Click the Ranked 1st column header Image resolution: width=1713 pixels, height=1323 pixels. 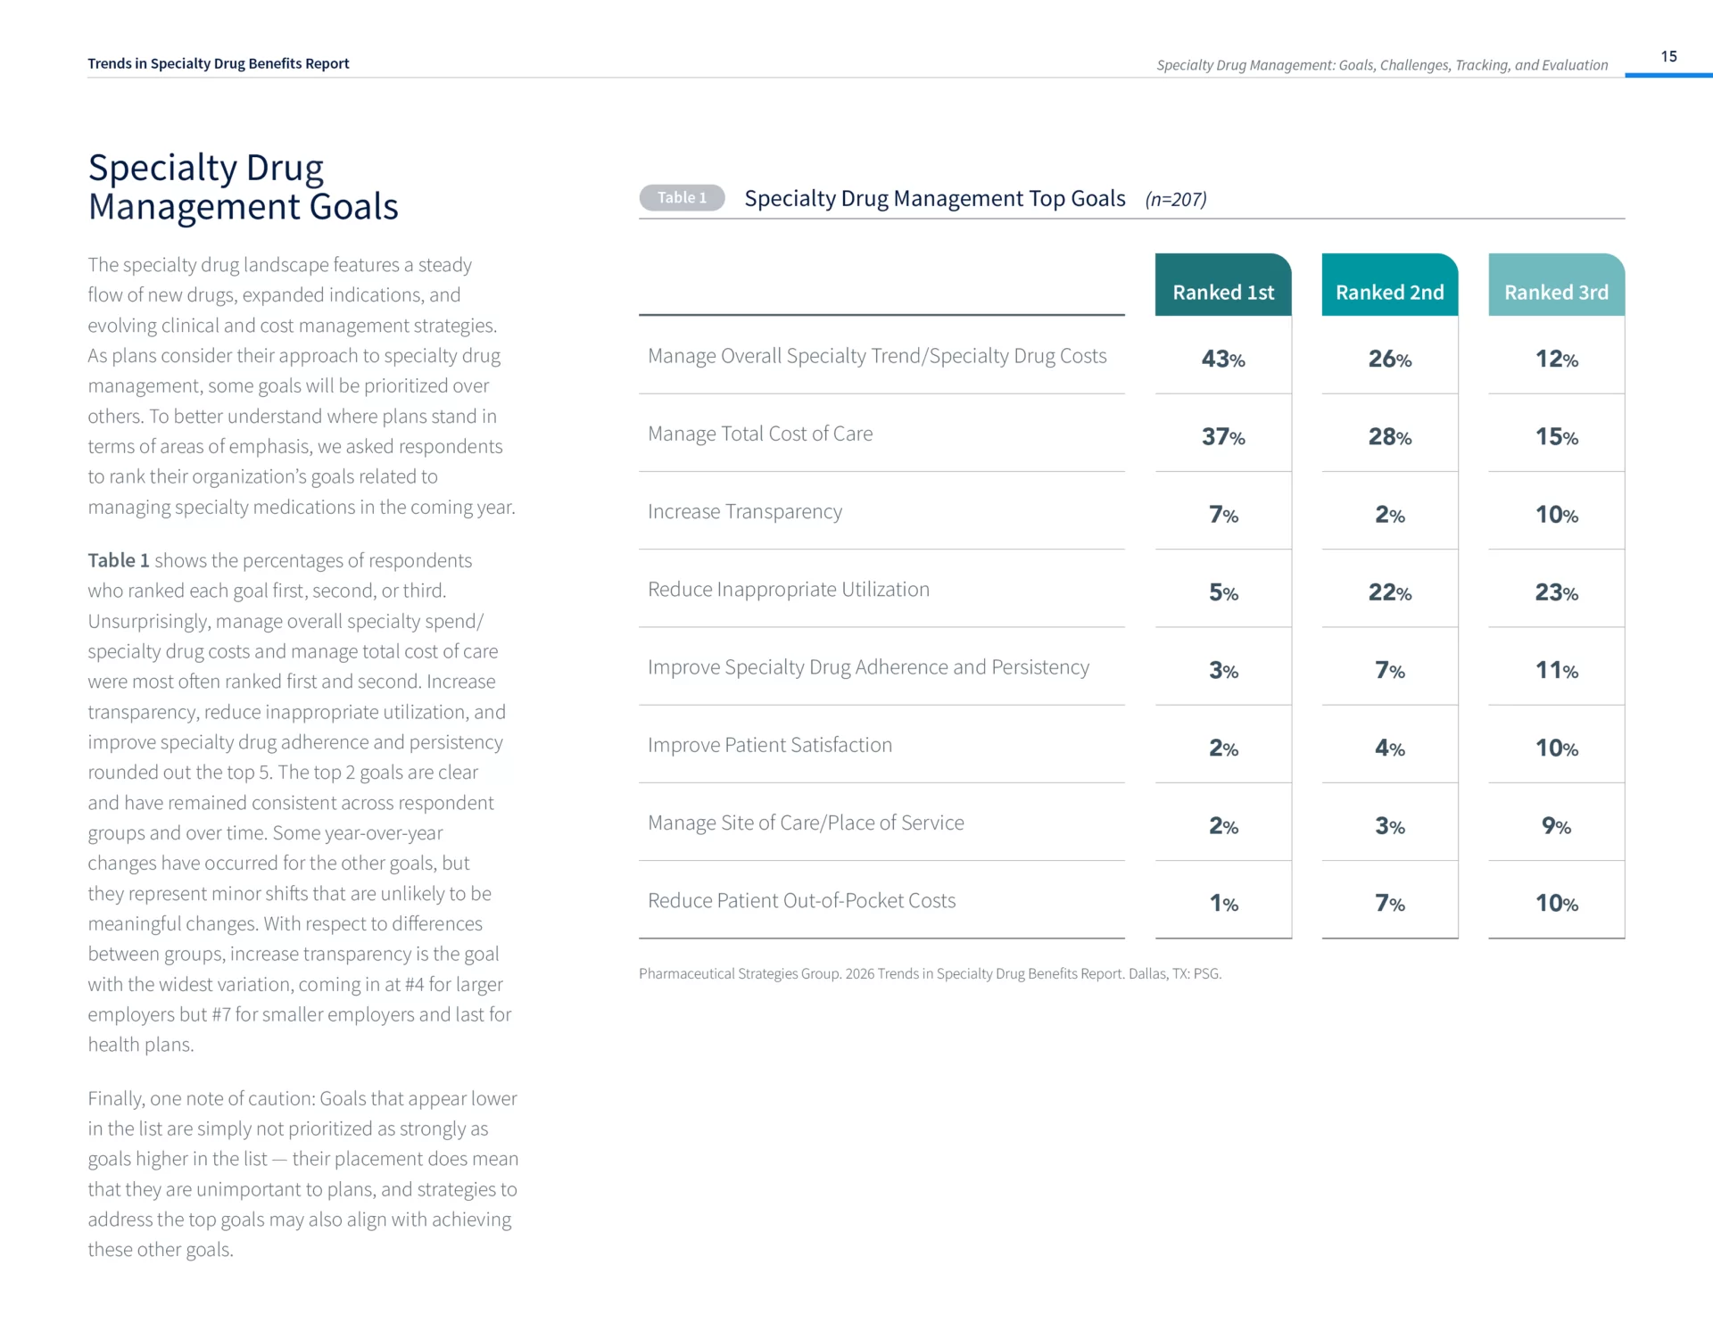[x=1223, y=292]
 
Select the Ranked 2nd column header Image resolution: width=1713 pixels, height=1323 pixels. [x=1389, y=292]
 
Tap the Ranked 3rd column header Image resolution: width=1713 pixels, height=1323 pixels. [x=1556, y=292]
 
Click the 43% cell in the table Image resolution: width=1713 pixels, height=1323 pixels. [x=1223, y=359]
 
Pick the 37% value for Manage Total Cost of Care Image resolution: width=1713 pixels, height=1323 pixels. [x=1223, y=436]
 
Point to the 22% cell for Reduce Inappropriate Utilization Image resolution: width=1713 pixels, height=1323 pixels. [x=1389, y=592]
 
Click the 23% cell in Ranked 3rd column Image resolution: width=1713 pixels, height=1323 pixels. [x=1556, y=592]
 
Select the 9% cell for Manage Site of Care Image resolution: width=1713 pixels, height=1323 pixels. [x=1556, y=825]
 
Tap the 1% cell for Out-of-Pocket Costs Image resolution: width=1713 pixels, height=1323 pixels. [x=1223, y=903]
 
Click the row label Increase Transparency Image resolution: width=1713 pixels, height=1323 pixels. [x=745, y=511]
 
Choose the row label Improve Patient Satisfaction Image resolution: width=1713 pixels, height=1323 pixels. [x=770, y=745]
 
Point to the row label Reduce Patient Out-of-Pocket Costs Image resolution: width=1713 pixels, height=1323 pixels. [x=801, y=900]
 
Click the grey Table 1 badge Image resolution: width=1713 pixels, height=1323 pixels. [x=682, y=197]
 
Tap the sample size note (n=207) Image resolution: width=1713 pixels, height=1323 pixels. [x=1175, y=199]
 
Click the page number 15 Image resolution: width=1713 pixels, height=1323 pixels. [x=1668, y=56]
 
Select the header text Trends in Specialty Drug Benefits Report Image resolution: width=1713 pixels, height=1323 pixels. [x=219, y=63]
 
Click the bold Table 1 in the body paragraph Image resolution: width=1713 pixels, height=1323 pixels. [x=118, y=560]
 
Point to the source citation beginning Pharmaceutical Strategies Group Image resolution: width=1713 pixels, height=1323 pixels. [x=930, y=973]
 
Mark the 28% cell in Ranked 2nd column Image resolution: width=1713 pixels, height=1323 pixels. [x=1389, y=436]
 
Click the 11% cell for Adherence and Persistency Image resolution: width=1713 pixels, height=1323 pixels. [x=1556, y=670]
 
